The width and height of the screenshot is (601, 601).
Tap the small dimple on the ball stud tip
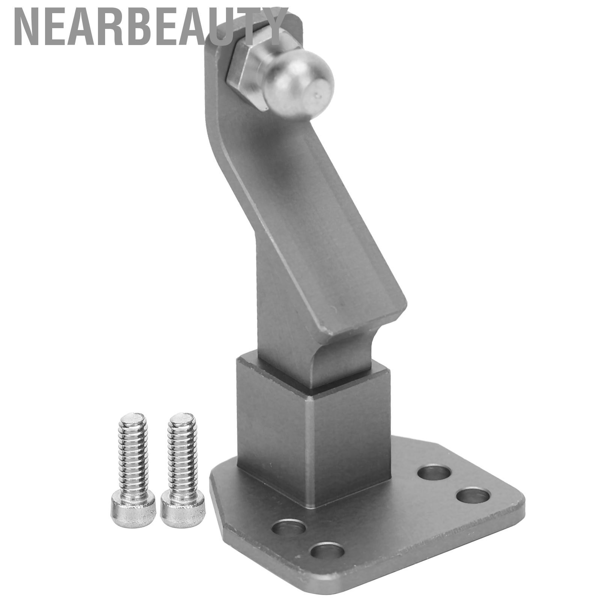point(319,96)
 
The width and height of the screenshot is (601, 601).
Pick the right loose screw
point(183,470)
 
